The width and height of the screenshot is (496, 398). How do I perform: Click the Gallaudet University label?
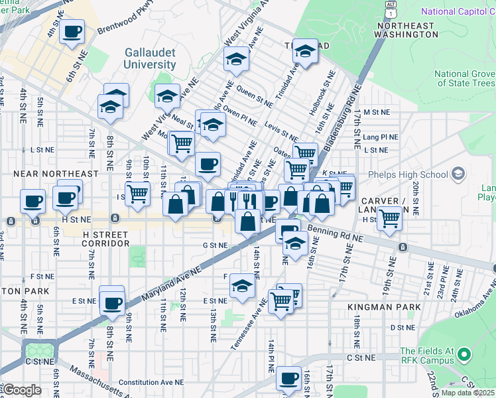point(150,58)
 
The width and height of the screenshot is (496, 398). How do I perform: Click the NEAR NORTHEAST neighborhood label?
point(56,173)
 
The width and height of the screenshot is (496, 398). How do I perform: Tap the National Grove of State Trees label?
point(464,78)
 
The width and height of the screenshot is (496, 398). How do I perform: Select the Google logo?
point(22,389)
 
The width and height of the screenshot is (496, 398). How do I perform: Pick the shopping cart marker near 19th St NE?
point(389,217)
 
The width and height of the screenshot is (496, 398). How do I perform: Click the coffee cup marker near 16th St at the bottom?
point(288,378)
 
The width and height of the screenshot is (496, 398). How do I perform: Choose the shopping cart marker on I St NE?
point(137,194)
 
